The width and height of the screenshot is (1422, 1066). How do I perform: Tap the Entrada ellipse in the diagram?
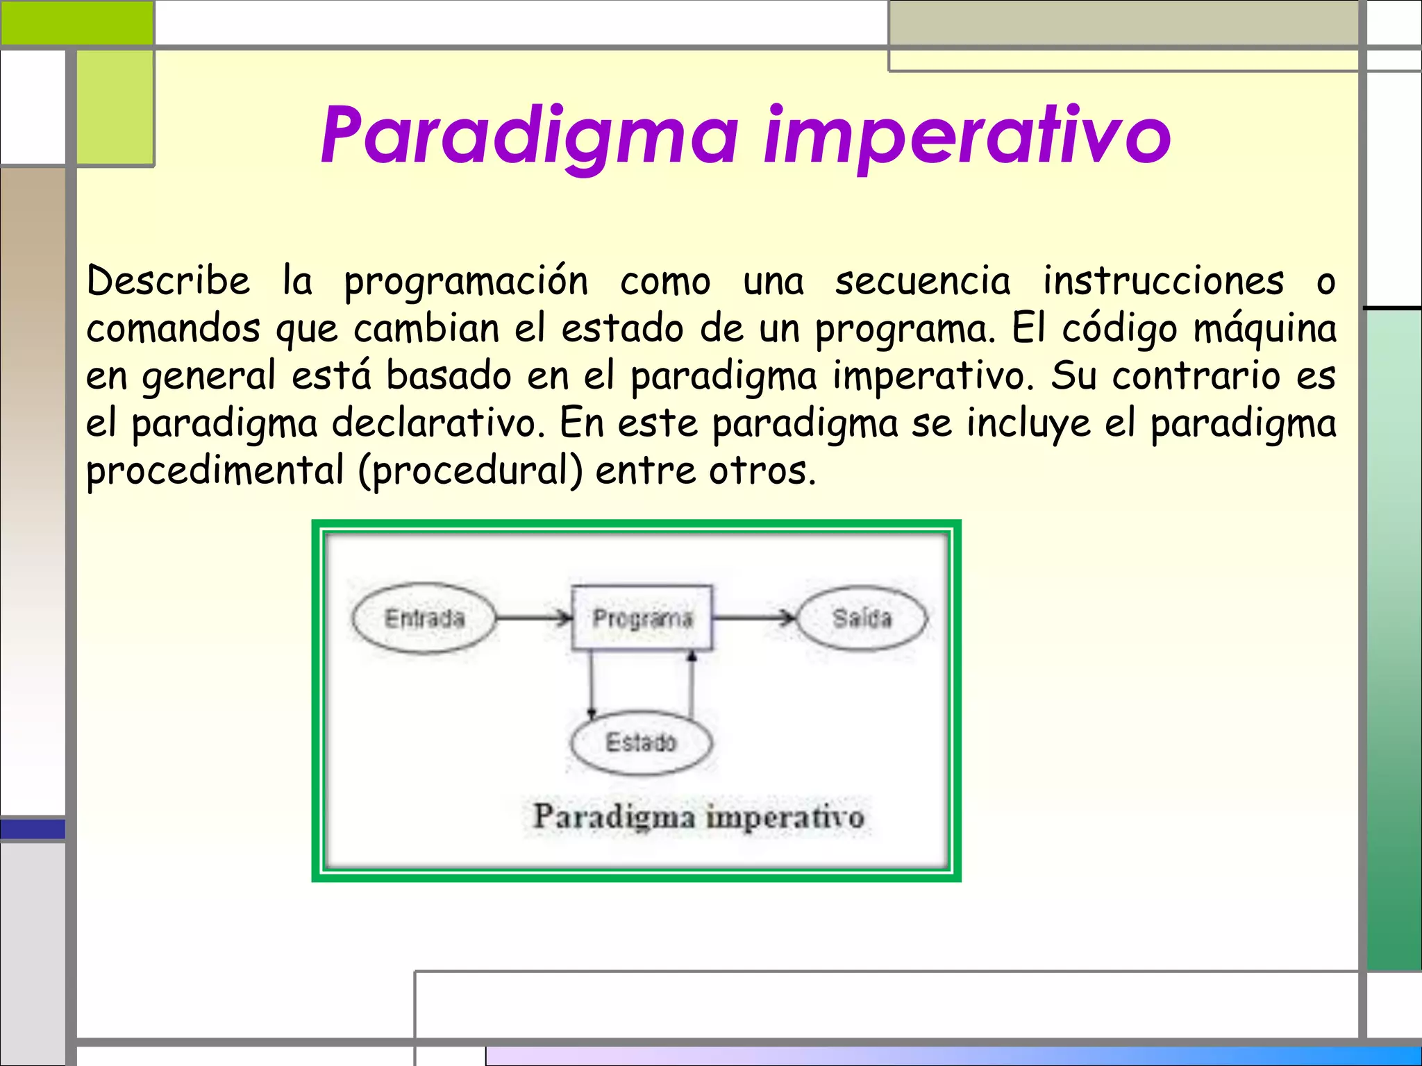tap(424, 618)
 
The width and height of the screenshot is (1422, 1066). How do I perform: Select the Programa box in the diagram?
tap(642, 618)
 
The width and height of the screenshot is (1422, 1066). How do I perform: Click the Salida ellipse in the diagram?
tap(861, 618)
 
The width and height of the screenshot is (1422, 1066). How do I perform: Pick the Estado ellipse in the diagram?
tap(640, 743)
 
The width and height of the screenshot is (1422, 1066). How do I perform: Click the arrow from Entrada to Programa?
tap(533, 617)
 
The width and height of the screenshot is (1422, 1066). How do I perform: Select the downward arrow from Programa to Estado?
tap(592, 684)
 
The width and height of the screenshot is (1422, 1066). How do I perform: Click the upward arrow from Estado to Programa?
tap(691, 684)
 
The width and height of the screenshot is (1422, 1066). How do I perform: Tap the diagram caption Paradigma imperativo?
tap(698, 816)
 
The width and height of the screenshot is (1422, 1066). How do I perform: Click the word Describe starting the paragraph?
tap(168, 281)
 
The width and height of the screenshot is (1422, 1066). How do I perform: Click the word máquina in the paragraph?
tap(1264, 330)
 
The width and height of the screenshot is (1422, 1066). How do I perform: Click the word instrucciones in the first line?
tap(1163, 281)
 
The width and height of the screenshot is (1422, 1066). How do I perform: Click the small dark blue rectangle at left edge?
tap(33, 829)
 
